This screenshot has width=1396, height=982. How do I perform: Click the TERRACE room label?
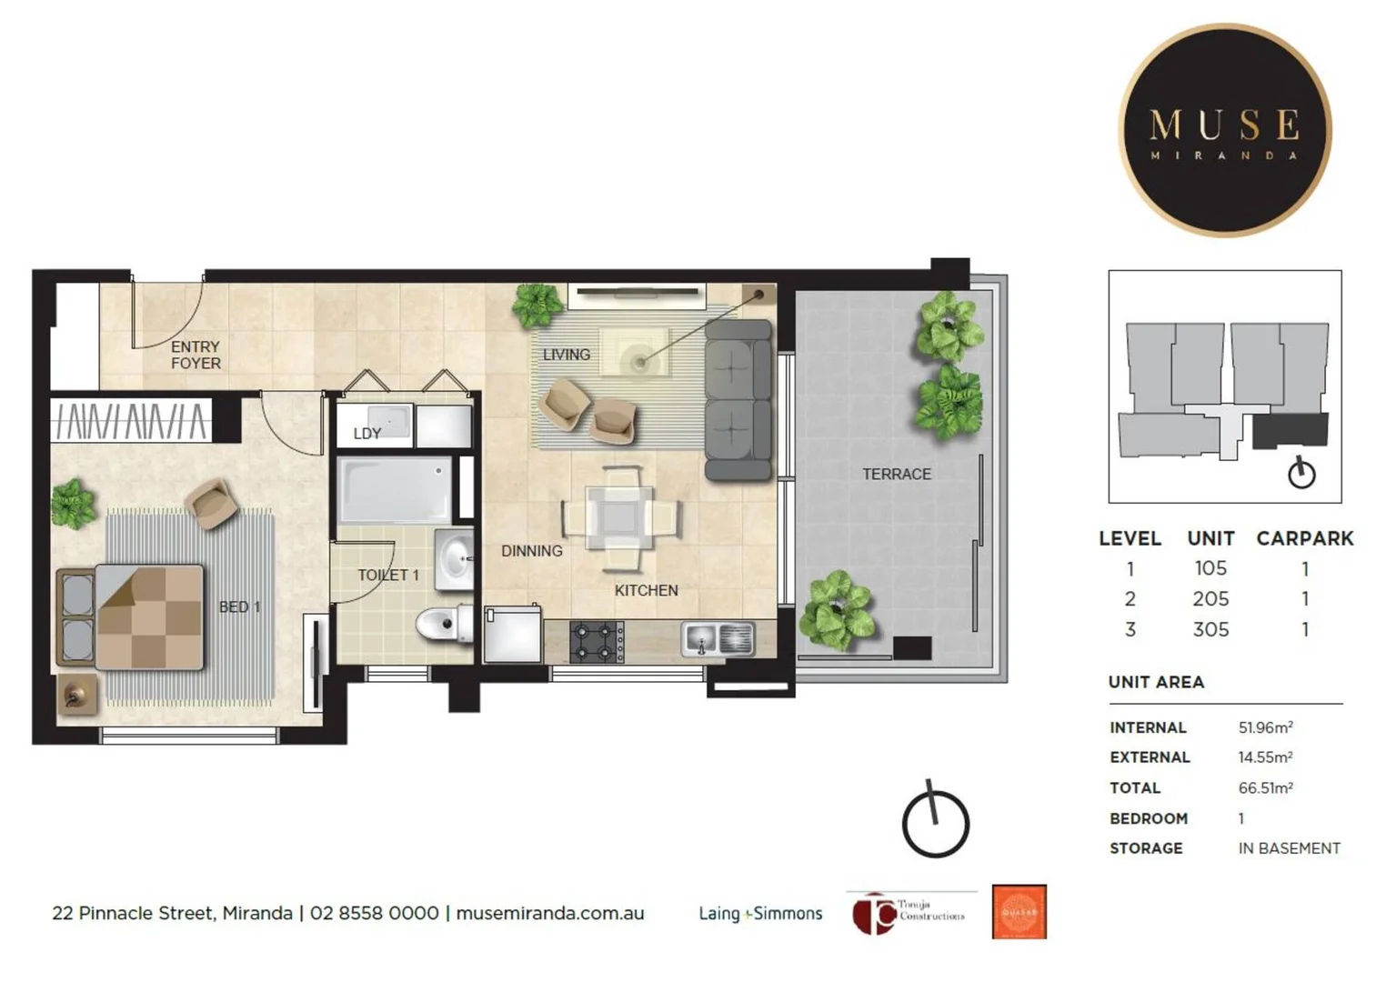[x=896, y=474]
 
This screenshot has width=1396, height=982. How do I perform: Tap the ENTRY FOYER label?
[x=196, y=355]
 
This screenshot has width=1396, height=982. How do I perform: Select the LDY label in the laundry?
[x=367, y=434]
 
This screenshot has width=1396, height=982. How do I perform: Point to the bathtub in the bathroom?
[x=394, y=490]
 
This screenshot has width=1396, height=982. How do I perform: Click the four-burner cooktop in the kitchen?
[x=597, y=641]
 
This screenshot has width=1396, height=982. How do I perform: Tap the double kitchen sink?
[x=718, y=638]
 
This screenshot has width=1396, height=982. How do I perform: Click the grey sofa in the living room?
[x=738, y=399]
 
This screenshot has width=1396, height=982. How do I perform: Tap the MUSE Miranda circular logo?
[x=1224, y=131]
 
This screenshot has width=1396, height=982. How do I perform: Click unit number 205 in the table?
[x=1210, y=599]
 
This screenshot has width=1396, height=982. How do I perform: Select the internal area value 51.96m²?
[x=1265, y=727]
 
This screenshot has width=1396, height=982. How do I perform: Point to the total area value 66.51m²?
[x=1265, y=788]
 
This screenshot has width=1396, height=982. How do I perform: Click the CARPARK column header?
[x=1304, y=538]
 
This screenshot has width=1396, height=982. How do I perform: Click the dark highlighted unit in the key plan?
[x=1290, y=430]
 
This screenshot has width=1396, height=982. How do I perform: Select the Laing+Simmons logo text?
[x=760, y=914]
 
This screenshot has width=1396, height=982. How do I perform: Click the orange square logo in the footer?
[x=1019, y=912]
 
